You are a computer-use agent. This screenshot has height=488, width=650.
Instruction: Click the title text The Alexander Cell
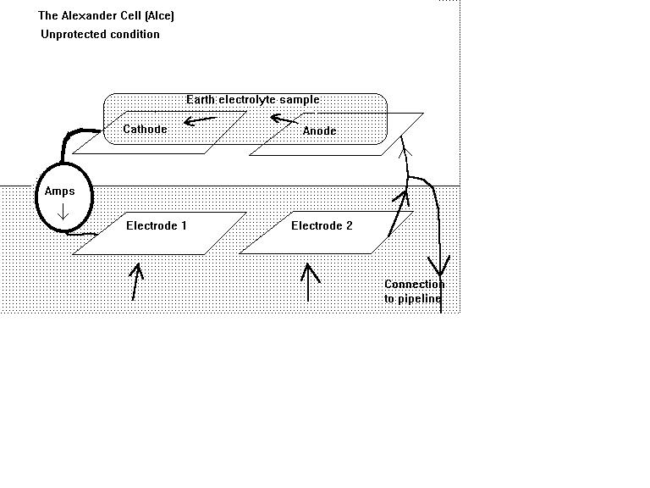pos(106,16)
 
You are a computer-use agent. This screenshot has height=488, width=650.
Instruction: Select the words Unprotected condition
pos(100,35)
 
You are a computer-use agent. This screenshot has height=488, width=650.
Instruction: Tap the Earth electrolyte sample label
pos(252,100)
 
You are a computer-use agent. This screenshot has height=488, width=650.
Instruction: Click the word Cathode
pos(145,130)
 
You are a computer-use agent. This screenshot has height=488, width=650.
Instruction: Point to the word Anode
pos(319,131)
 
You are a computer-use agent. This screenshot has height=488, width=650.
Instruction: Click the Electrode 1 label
pos(156,226)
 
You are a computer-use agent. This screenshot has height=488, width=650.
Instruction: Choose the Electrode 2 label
pos(322,226)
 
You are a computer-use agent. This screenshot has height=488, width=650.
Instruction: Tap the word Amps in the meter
pos(60,191)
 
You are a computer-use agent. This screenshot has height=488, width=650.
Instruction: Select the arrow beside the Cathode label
pos(200,120)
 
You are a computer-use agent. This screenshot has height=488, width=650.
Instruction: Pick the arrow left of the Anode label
pos(284,119)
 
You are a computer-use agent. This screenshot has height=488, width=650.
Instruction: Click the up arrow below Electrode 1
pos(135,282)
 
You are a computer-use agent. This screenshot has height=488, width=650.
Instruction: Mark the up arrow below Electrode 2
pos(309,282)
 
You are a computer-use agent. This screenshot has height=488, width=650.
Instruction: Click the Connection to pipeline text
pos(414,291)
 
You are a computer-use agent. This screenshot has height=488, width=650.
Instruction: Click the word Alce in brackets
pos(161,16)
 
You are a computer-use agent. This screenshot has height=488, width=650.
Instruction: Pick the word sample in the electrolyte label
pos(300,100)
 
